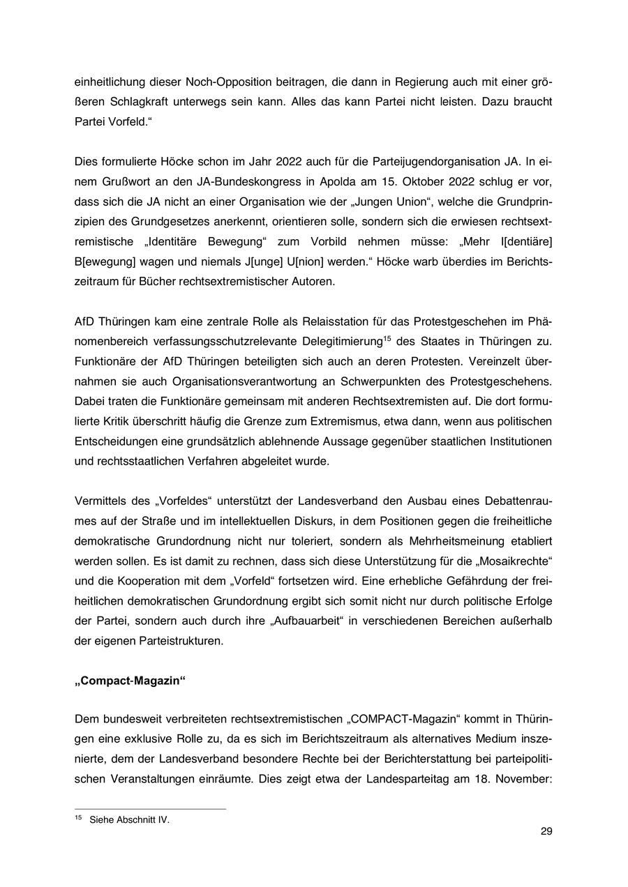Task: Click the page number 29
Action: tap(546, 831)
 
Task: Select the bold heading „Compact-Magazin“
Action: tap(130, 682)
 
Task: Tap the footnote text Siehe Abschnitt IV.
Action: tap(129, 820)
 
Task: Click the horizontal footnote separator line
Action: tap(149, 809)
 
